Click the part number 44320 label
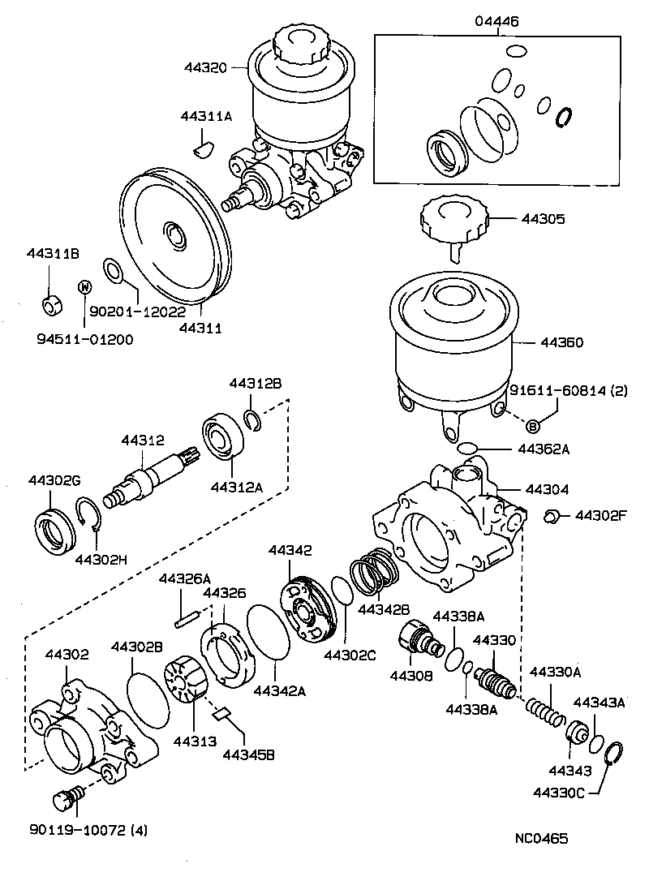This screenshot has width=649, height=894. pos(206,67)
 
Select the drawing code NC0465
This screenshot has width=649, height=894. pos(539,838)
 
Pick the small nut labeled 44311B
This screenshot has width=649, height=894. pos(50,304)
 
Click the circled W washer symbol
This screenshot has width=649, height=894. pos(83,286)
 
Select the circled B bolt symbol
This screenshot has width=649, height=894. pos(533,426)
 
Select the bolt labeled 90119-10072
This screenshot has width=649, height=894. pos(66,800)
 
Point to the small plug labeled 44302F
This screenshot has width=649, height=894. pos(551,515)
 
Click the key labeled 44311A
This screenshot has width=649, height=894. pos(203,148)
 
